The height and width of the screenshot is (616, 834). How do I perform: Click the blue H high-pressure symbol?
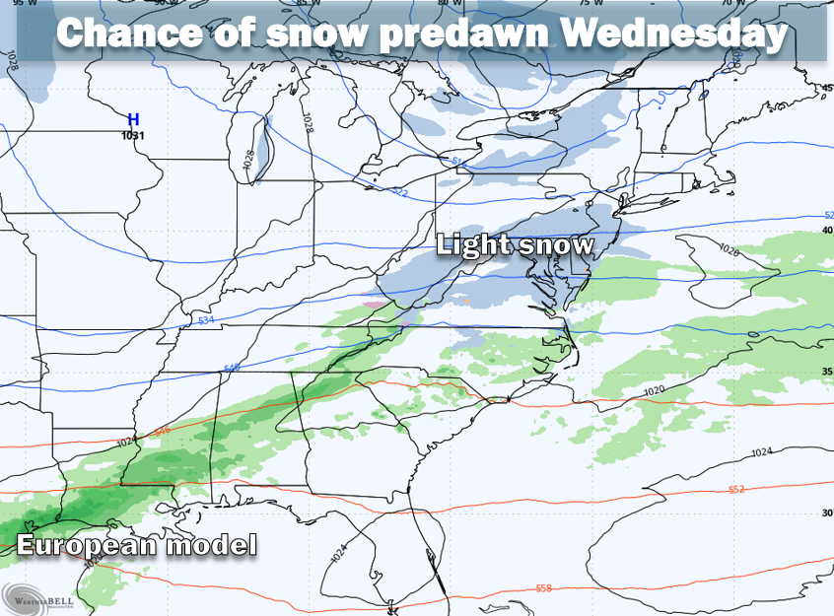(x=133, y=119)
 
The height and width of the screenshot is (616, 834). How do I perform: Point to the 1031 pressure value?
(x=133, y=135)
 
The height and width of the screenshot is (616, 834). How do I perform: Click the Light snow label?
(x=516, y=243)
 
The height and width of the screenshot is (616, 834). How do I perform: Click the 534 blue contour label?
(x=205, y=320)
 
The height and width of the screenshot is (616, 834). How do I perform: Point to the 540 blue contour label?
(x=233, y=369)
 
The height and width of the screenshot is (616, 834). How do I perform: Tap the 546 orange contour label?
(x=162, y=430)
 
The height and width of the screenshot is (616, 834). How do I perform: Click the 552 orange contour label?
(x=735, y=489)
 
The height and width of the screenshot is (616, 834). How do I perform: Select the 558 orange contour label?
(x=543, y=588)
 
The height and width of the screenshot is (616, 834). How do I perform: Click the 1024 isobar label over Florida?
(x=339, y=554)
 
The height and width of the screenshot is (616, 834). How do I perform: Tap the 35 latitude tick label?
(x=827, y=372)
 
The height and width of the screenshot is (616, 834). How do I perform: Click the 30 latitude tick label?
(x=827, y=513)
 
